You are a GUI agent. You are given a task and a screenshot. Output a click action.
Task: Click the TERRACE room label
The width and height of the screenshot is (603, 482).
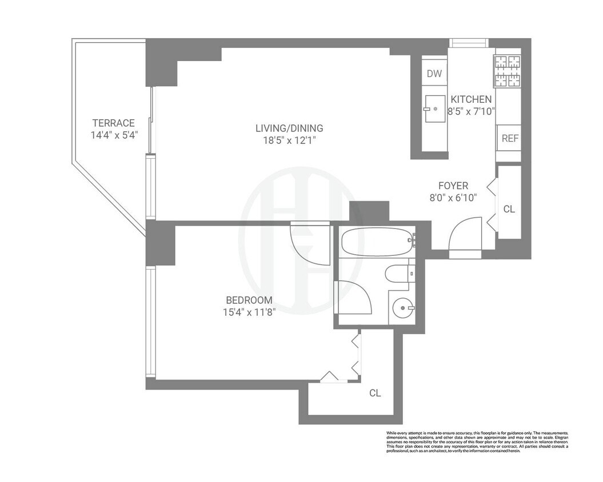[114, 123]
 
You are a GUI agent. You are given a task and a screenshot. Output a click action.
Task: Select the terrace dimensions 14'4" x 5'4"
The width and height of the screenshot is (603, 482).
[114, 135]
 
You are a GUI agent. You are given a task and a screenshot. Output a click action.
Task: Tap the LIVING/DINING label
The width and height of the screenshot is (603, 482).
[289, 128]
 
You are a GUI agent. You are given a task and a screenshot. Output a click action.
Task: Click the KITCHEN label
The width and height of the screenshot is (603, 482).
[470, 99]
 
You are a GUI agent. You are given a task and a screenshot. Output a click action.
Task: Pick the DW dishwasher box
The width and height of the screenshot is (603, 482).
[434, 73]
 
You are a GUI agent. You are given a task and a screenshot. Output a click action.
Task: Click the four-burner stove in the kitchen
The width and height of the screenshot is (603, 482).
[508, 71]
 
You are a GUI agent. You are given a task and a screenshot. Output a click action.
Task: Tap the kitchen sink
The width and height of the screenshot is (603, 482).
[434, 107]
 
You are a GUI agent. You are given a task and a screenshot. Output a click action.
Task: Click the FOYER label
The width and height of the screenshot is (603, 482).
[453, 186]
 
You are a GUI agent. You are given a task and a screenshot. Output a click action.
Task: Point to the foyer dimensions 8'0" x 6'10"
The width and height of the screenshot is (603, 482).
[453, 198]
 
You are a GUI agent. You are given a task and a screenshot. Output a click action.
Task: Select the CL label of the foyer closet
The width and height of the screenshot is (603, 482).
[509, 210]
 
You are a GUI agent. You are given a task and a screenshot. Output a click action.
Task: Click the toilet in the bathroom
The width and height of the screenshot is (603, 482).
[400, 275]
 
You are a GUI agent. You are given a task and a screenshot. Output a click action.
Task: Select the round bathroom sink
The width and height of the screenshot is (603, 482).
[404, 310]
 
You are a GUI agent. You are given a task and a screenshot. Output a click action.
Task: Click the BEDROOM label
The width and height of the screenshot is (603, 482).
[249, 300]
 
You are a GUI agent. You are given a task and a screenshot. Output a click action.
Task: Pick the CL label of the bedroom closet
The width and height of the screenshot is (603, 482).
[375, 393]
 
